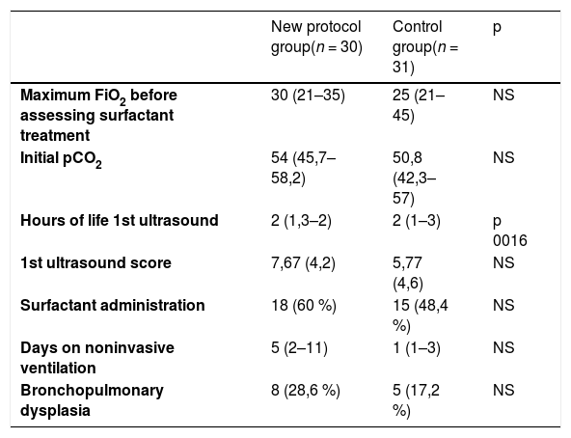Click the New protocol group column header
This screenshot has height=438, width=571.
click(x=316, y=37)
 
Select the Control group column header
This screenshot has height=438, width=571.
click(x=425, y=47)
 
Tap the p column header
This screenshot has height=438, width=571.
click(x=497, y=27)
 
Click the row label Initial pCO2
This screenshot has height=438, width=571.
click(x=61, y=159)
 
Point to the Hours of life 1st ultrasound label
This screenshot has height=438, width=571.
click(x=120, y=221)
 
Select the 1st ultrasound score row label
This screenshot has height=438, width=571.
click(x=95, y=262)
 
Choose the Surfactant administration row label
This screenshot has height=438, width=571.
click(x=113, y=306)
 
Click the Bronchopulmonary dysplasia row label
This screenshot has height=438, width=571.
click(x=93, y=400)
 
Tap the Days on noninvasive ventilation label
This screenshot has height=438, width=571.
click(x=97, y=358)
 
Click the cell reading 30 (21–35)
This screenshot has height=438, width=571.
click(x=308, y=96)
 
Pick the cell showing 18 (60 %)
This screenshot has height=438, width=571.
click(x=304, y=306)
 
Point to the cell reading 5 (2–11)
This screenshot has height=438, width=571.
click(x=299, y=348)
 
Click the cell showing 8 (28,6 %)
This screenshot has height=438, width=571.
click(x=306, y=391)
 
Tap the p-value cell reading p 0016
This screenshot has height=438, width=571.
click(x=510, y=231)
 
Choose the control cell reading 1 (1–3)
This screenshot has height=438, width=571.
click(x=417, y=348)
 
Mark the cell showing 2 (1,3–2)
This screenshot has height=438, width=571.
click(x=301, y=221)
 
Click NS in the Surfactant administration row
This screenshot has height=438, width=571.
click(x=503, y=306)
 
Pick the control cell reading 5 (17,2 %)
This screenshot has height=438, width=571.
click(x=416, y=400)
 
